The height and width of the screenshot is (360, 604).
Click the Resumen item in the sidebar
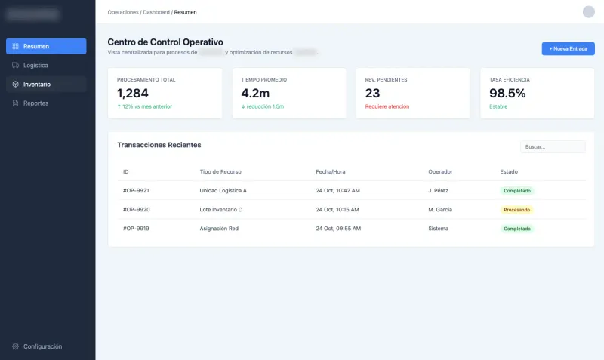(46, 46)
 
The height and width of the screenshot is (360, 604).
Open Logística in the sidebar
(46, 65)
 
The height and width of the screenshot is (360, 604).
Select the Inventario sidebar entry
(46, 84)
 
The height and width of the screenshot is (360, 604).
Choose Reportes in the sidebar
(46, 103)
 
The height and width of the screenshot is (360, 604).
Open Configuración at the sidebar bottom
(42, 346)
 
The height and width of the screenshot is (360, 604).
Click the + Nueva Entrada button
(568, 48)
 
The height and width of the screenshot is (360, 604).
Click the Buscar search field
(553, 146)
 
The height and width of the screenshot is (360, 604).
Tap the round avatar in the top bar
(589, 11)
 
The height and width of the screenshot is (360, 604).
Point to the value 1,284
(133, 93)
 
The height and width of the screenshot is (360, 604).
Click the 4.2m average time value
(255, 93)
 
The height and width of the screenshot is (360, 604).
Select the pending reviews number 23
(372, 93)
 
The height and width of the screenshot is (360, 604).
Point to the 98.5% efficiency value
(507, 93)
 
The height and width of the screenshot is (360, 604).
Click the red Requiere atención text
(387, 106)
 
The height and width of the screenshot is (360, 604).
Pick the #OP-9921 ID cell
(136, 190)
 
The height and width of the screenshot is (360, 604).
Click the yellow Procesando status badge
(517, 209)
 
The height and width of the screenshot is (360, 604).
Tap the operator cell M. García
(440, 209)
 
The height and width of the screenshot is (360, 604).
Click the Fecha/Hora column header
(330, 171)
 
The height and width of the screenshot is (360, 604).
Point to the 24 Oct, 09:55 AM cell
(337, 228)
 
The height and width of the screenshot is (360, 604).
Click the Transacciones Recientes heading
(159, 144)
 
